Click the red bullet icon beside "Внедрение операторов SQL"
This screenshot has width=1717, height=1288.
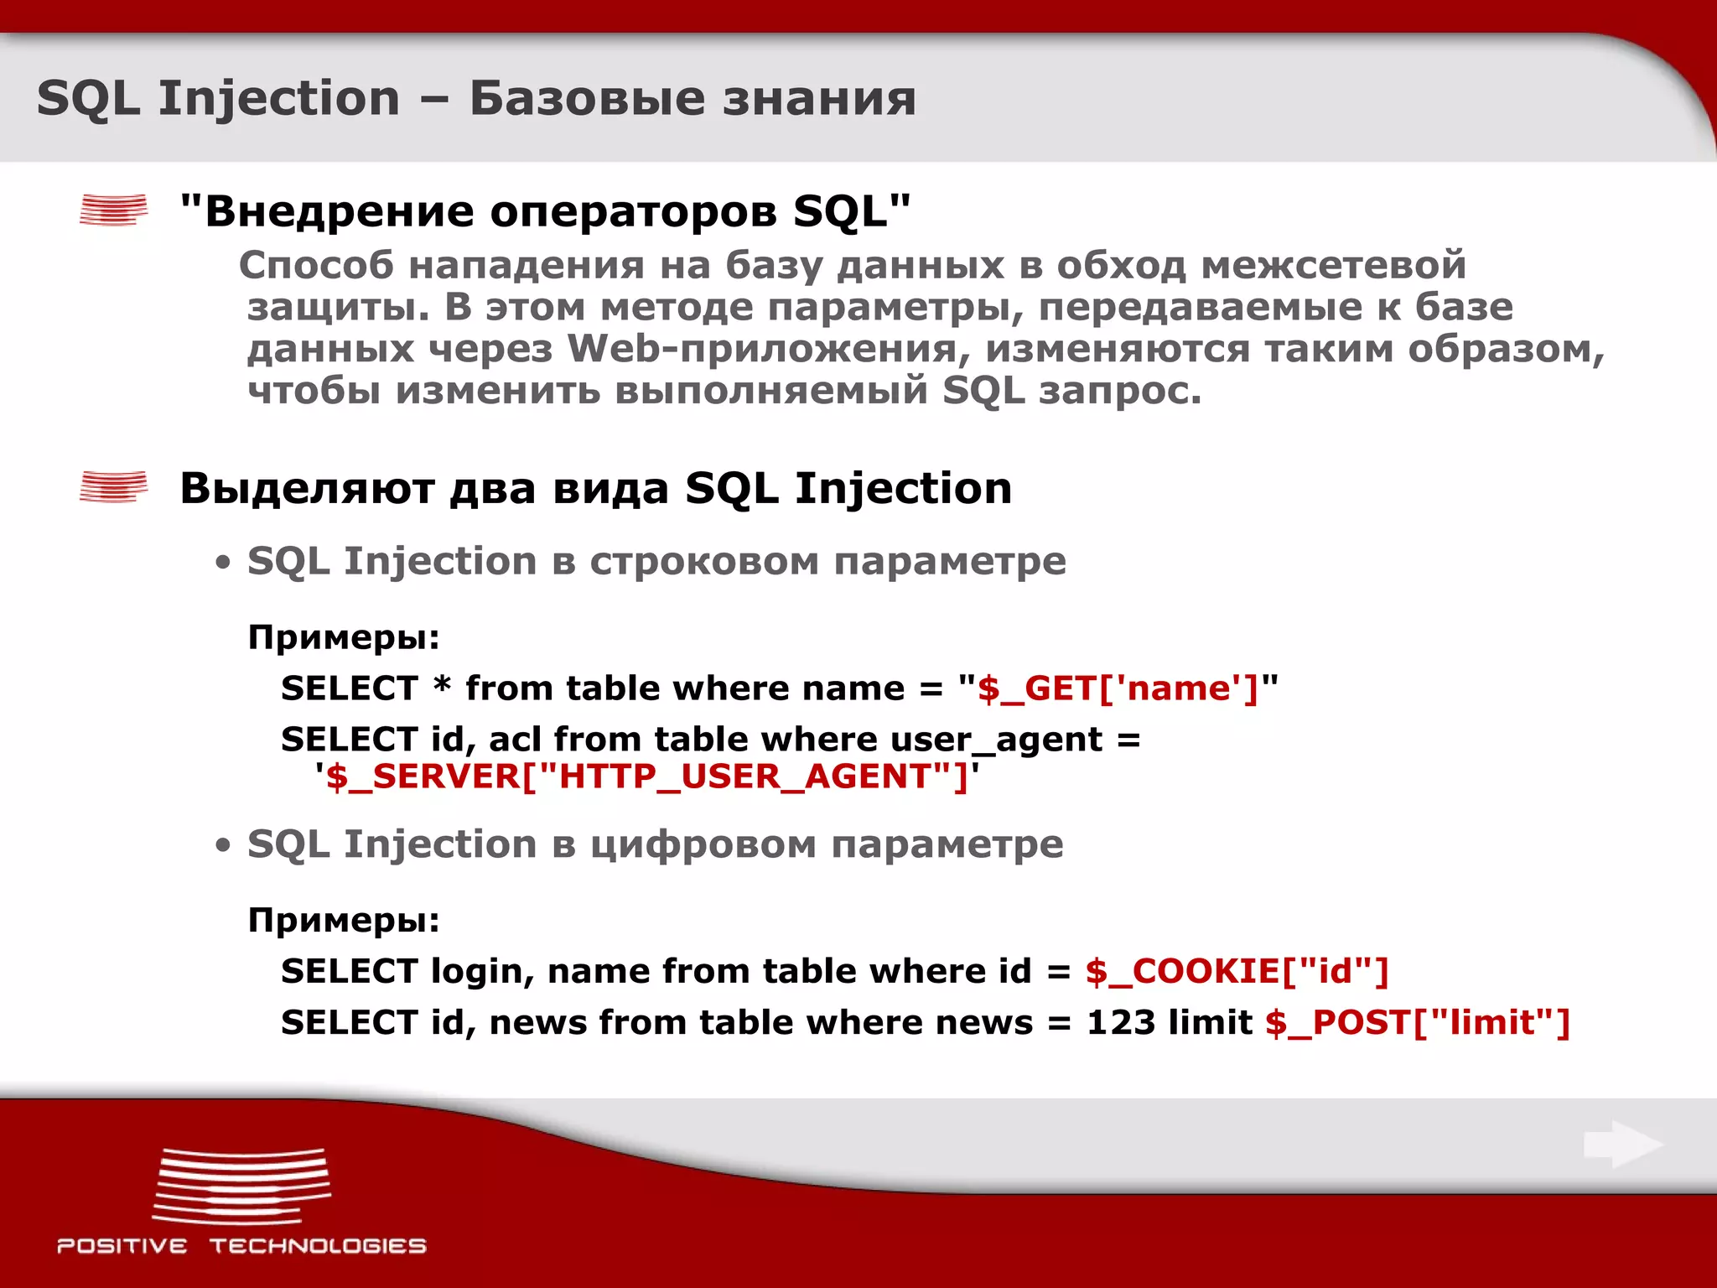coord(113,210)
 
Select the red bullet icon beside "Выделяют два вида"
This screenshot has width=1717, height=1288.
coord(113,486)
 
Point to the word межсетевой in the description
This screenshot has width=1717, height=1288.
coord(1333,266)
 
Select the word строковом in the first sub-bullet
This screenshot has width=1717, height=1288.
coord(704,561)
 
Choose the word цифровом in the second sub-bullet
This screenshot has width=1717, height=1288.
coord(703,844)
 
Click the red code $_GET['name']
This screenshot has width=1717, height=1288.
coord(1118,689)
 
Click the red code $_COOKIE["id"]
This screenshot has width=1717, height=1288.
coord(1237,971)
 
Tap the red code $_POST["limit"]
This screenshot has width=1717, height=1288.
coord(1417,1023)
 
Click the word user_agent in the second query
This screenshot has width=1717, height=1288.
coord(996,740)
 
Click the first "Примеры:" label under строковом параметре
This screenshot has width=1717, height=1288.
coord(344,638)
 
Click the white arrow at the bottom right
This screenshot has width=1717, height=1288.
coord(1623,1145)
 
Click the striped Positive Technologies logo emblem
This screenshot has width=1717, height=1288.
coord(241,1187)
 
